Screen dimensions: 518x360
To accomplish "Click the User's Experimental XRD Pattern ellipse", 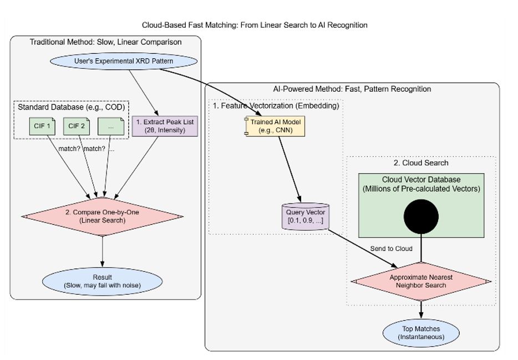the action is click(124, 61).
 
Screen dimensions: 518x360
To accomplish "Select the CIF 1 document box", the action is click(42, 126).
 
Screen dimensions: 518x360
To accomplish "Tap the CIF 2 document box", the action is click(77, 126).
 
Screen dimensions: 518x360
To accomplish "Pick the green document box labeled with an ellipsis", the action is click(111, 126).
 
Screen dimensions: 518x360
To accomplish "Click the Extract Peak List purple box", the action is click(165, 126).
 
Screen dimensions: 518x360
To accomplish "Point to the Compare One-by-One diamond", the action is click(103, 217).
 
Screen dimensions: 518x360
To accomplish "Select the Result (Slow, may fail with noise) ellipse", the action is click(103, 281).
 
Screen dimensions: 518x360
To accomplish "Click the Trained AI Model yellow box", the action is click(275, 126).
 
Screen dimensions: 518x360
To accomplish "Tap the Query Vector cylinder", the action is click(305, 216).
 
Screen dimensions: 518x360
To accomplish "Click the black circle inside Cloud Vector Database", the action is click(421, 217).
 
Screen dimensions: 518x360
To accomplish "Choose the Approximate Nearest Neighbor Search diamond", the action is click(421, 281).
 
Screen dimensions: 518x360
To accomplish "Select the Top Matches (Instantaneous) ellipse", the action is click(421, 333).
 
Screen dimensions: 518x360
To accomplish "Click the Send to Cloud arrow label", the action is click(391, 249).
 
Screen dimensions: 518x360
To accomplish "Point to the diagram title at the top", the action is click(255, 25).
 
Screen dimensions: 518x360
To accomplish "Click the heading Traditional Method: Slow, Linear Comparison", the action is click(106, 42).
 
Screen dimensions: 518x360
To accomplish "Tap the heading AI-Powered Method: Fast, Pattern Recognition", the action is click(352, 89).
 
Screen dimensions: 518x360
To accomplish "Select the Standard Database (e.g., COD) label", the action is click(72, 107).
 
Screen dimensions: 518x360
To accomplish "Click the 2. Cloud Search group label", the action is click(421, 163).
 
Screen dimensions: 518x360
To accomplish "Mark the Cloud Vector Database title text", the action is click(421, 179).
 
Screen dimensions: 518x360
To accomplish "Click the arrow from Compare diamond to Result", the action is click(103, 252).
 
